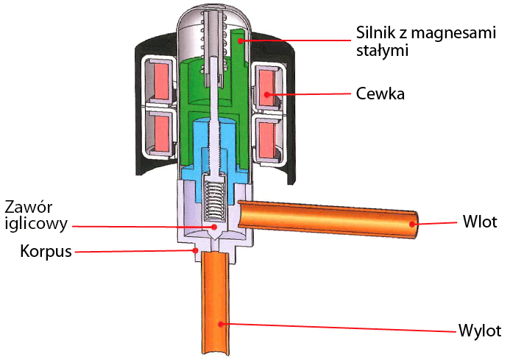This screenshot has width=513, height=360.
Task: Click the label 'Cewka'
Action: pyautogui.click(x=380, y=94)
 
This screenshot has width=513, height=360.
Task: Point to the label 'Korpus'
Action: pyautogui.click(x=46, y=251)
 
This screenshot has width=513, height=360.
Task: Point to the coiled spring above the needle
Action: pyautogui.click(x=214, y=201)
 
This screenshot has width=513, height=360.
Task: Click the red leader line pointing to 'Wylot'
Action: pyautogui.click(x=339, y=326)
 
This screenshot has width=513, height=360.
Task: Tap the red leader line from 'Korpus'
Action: pyautogui.click(x=132, y=252)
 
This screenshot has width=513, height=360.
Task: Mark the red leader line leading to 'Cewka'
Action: pyautogui.click(x=309, y=94)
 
